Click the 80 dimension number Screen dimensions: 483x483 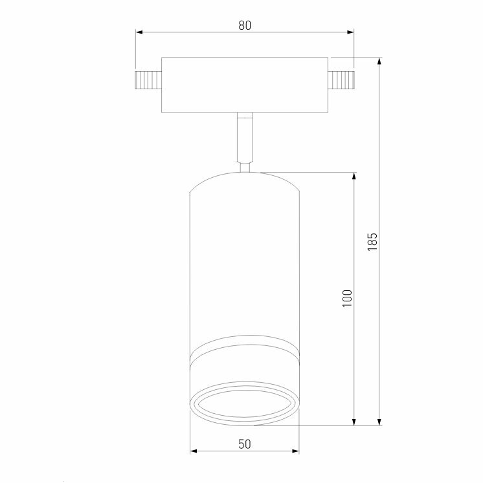pos(245,25)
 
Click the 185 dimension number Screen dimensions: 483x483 pos(372,242)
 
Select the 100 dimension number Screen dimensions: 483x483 pos(347,298)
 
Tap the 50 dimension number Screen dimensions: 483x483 pos(245,444)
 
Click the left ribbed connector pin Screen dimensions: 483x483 pos(148,80)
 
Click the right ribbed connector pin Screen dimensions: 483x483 pos(341,80)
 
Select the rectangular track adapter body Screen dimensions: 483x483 pos(245,85)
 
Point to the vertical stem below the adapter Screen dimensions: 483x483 pos(245,137)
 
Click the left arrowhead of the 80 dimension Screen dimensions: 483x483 pos(139,32)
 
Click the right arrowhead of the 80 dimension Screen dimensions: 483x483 pos(350,32)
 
